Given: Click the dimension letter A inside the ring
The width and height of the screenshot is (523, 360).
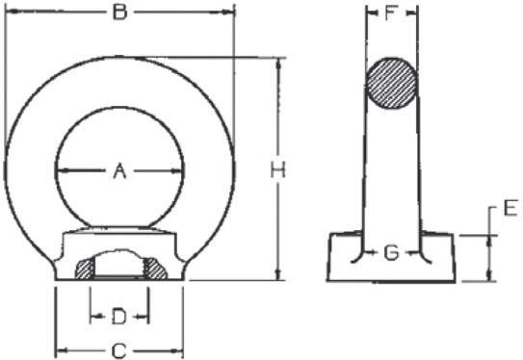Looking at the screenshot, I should tap(119, 171).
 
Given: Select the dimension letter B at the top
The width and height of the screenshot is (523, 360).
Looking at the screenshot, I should tap(119, 13).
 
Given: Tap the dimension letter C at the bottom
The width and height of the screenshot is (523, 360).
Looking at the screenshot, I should tap(119, 350).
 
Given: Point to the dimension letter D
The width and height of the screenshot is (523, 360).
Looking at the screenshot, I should tap(119, 315).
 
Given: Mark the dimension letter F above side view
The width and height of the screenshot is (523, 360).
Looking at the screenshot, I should tap(391, 14).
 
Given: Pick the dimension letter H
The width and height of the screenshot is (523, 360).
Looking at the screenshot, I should tap(278, 170).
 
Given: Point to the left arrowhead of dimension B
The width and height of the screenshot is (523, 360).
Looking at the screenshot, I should tap(10, 13).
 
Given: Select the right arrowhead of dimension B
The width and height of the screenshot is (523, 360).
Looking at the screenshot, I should tap(230, 13).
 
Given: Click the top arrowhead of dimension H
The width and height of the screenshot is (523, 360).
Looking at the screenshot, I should tap(278, 62).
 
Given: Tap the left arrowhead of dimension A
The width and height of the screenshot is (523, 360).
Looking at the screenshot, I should tap(60, 171).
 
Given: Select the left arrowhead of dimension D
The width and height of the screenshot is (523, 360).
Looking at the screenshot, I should tap(94, 315).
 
